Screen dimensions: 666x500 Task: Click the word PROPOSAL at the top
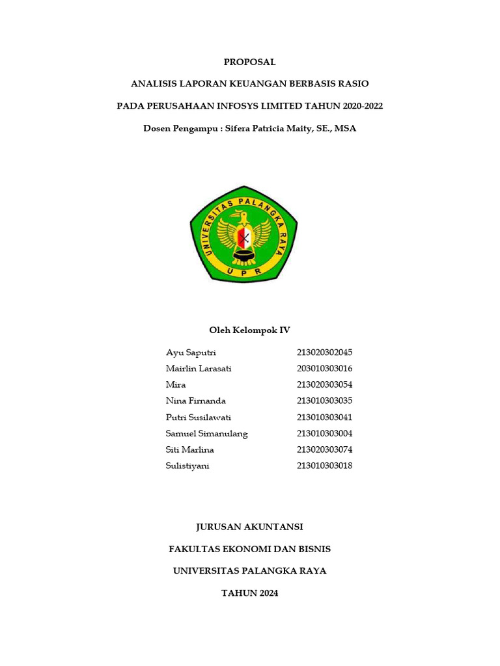[249, 62]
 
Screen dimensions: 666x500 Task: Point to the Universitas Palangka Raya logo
[243, 234]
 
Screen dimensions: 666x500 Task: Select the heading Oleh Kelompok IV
[249, 330]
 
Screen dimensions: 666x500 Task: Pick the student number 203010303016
[324, 369]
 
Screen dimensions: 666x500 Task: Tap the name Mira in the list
[176, 385]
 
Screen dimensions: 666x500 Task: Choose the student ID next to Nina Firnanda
[324, 401]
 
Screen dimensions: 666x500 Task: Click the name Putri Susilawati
[199, 418]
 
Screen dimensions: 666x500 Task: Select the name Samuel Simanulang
[206, 434]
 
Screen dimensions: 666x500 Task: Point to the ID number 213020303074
[324, 450]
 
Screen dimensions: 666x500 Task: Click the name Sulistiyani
[187, 466]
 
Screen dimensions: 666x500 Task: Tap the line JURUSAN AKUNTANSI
[249, 527]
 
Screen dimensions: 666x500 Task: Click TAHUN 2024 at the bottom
[249, 593]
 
